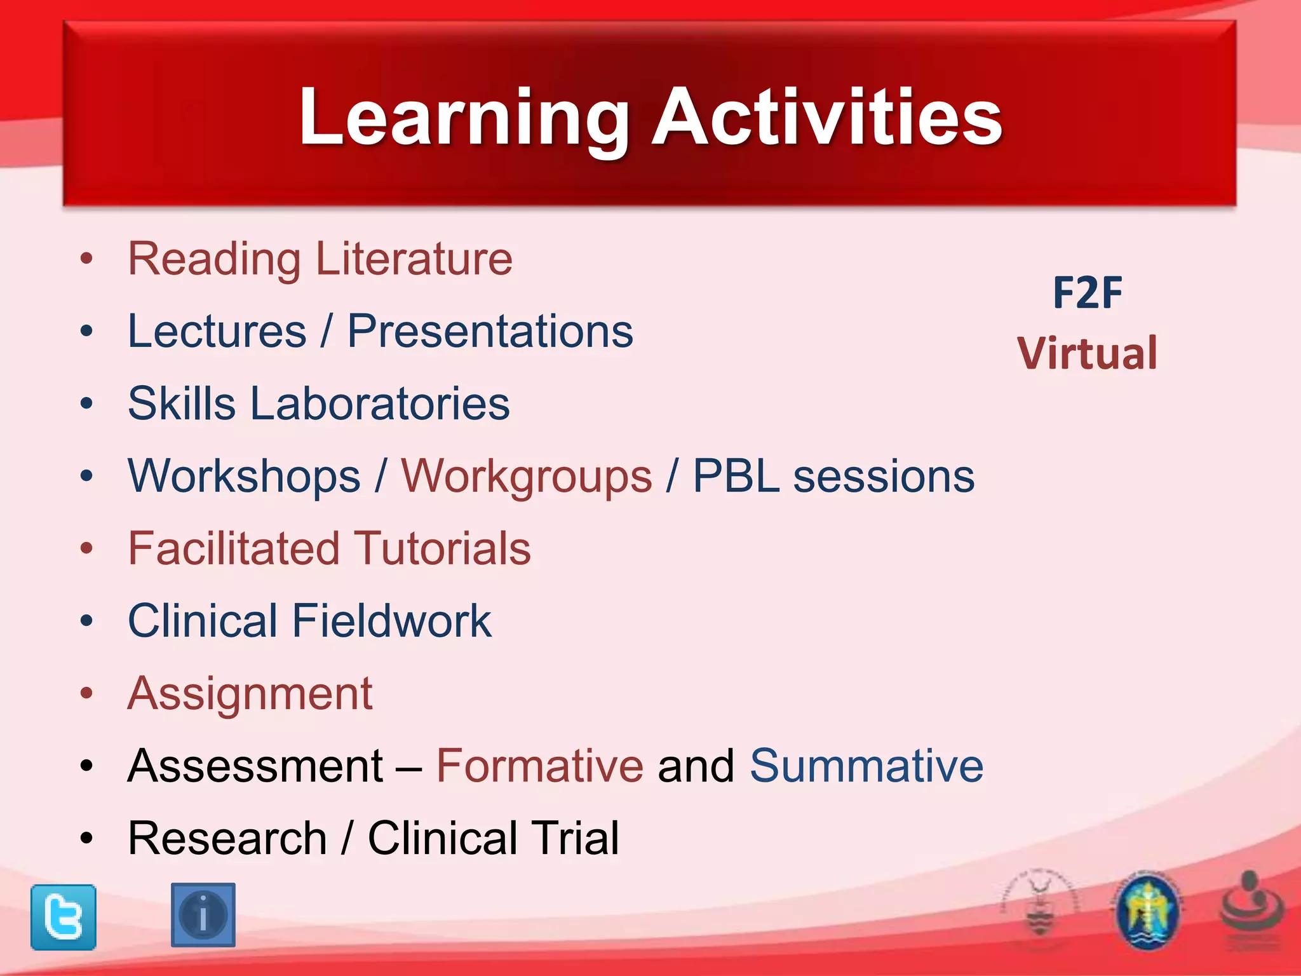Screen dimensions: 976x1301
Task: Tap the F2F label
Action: click(1087, 293)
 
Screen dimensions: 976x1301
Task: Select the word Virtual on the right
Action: click(1087, 353)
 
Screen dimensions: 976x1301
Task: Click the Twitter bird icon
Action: click(64, 917)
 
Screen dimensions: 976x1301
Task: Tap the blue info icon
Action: click(203, 915)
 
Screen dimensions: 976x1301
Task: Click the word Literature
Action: click(414, 259)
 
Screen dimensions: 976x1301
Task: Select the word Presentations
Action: click(490, 331)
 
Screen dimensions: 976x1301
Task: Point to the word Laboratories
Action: click(380, 403)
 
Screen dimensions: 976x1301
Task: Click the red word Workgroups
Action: click(526, 477)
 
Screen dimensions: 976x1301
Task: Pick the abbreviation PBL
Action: click(736, 476)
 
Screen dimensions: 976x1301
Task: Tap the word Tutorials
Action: click(442, 548)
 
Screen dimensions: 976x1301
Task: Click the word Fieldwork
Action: click(391, 621)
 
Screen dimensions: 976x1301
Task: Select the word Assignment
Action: click(250, 694)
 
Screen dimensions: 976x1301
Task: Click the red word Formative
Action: click(539, 766)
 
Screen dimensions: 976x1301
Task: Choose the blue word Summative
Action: click(866, 766)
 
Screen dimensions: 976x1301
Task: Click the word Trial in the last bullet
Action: click(574, 838)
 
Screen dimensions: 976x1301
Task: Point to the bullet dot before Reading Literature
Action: click(87, 259)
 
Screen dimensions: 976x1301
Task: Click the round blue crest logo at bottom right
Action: click(1147, 912)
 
